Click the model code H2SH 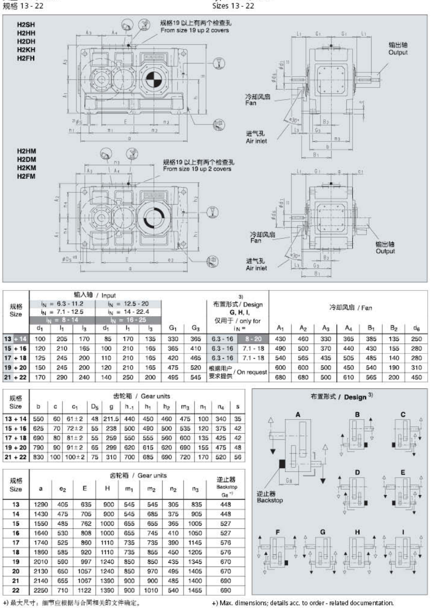(26, 25)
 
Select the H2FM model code (26, 176)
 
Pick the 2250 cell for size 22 (40, 590)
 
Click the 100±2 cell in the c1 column (75, 457)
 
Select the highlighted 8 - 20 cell (253, 339)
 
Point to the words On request (252, 372)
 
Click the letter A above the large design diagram (298, 415)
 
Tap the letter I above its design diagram (403, 532)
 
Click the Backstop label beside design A (270, 500)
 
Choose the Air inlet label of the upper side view (256, 141)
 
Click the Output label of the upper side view (398, 53)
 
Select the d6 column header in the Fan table (416, 328)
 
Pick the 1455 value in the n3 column (195, 590)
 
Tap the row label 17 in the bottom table (16, 542)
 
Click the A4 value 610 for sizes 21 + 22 (348, 377)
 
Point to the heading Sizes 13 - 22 (233, 6)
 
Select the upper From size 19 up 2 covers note (195, 30)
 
